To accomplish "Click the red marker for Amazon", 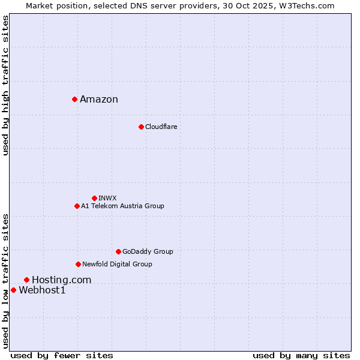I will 74,99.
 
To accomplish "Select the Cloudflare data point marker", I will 141,127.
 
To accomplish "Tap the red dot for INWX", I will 94,198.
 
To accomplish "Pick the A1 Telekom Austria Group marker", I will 77,206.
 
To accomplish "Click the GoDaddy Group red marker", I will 118,251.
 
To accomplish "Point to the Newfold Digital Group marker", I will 78,264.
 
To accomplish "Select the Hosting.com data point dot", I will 26,280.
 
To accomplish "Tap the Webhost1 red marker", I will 13,290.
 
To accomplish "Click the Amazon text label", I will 99,100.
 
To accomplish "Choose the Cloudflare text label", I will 161,127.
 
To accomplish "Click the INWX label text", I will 107,198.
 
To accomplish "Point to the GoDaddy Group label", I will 148,251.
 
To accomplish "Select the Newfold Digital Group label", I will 117,264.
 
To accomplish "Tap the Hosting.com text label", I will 61,280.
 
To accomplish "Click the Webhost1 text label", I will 42,290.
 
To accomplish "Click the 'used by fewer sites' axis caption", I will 62,355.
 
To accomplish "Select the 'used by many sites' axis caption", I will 301,355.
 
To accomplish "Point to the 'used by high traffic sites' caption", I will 6,85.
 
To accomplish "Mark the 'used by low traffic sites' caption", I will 6,280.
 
